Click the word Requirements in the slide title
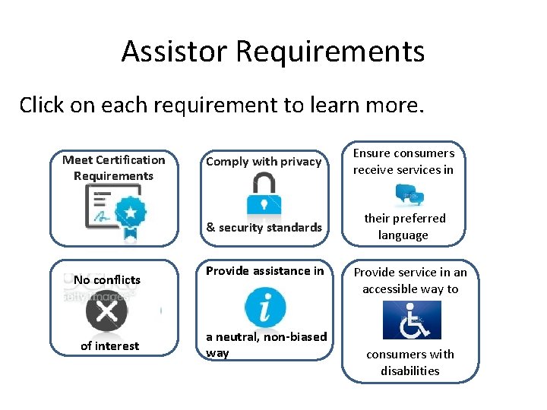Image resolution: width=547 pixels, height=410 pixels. coord(330,52)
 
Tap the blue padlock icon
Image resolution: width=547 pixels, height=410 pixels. coord(263,194)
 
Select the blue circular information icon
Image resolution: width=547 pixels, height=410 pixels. coord(264,307)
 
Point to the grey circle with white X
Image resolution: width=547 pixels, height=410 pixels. coord(107,312)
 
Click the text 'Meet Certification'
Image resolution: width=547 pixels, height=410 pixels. coord(113,159)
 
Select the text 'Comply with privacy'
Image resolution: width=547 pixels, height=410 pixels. coord(264,162)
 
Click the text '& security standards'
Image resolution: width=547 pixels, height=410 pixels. coord(264,227)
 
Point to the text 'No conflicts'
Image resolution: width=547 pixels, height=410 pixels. coord(107,280)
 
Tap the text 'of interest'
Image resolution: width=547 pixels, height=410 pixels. coord(110,346)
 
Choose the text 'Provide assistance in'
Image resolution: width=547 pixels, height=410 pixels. coord(264,270)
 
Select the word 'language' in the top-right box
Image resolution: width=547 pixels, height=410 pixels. coord(403,235)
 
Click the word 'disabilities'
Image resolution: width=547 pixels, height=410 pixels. coord(410,371)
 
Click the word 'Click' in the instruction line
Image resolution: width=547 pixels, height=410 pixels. coord(41,105)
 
